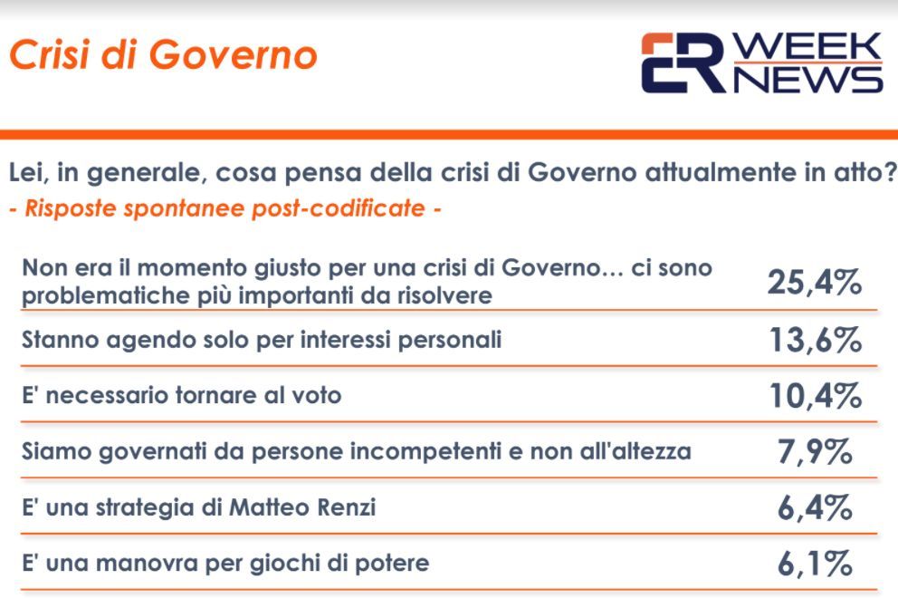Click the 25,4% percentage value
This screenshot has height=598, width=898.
(815, 282)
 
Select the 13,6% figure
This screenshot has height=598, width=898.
(816, 340)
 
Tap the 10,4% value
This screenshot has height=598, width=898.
(816, 396)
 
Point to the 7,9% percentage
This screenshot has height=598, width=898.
(815, 452)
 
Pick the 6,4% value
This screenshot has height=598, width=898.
(815, 507)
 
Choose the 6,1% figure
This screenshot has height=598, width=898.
(815, 564)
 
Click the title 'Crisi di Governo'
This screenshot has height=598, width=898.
(163, 55)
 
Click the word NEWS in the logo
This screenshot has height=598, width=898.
(807, 79)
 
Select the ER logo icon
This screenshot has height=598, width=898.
(683, 63)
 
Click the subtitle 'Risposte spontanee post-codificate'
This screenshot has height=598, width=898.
(224, 208)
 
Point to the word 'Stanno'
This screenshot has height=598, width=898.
(61, 340)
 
